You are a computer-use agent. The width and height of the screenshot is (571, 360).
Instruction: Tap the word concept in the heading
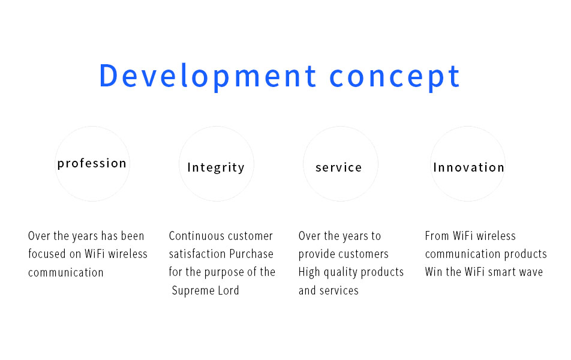pos(395,77)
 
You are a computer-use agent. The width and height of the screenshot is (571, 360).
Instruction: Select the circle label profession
pos(92,164)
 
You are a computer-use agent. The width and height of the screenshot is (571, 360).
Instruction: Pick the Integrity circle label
pos(216,167)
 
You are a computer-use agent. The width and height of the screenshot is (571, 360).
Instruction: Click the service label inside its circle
pos(339,167)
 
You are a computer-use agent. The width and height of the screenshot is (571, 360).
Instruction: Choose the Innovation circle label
pos(468,167)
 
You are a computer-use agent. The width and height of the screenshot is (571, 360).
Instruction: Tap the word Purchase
pos(251,254)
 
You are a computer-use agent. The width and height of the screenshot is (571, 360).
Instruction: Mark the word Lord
pos(229,290)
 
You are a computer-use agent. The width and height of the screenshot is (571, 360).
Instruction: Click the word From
pos(437,236)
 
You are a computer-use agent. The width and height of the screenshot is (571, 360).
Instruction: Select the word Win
pos(433,272)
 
